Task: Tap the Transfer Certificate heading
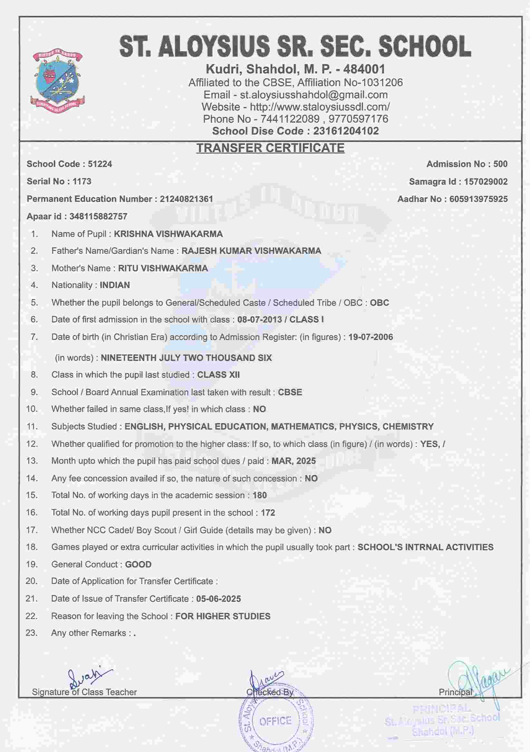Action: [x=270, y=148]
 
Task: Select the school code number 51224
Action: [x=100, y=164]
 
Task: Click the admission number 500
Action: [x=500, y=164]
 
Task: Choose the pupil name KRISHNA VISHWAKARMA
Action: [x=168, y=234]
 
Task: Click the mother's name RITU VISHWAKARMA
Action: [x=163, y=268]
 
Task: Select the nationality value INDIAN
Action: [x=115, y=285]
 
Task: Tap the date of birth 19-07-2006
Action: [x=371, y=337]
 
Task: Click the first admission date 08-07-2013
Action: [x=259, y=320]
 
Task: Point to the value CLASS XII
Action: [x=218, y=375]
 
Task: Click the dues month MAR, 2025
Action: [x=294, y=461]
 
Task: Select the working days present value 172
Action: [x=268, y=513]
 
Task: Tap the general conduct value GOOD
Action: [x=138, y=564]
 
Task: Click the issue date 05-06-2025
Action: [x=218, y=599]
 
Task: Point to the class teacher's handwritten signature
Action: [x=87, y=678]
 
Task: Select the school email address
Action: [x=313, y=95]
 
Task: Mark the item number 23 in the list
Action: [x=32, y=633]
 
